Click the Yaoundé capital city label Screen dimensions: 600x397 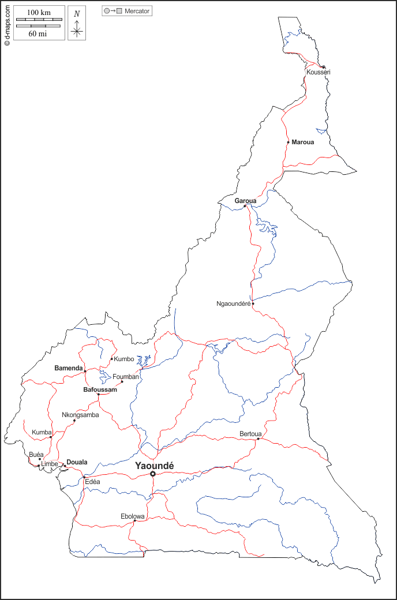click(154, 465)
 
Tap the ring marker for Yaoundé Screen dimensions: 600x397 click(153, 474)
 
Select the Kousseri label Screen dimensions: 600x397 click(319, 72)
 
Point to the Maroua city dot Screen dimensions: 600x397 click(288, 142)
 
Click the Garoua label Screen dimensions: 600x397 click(245, 201)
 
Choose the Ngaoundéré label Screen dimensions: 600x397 click(233, 303)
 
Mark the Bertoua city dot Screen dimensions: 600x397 click(258, 439)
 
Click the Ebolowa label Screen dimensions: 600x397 click(132, 516)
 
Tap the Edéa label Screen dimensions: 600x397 click(92, 482)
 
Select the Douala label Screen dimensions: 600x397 click(77, 462)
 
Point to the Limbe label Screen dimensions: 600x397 click(50, 464)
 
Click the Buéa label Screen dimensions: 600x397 click(36, 455)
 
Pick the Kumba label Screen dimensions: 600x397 click(42, 432)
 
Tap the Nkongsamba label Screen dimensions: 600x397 click(80, 415)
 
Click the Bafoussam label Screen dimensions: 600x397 click(100, 390)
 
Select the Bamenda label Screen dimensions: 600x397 click(69, 367)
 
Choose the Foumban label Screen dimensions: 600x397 click(126, 377)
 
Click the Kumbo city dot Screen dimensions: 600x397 click(112, 359)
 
